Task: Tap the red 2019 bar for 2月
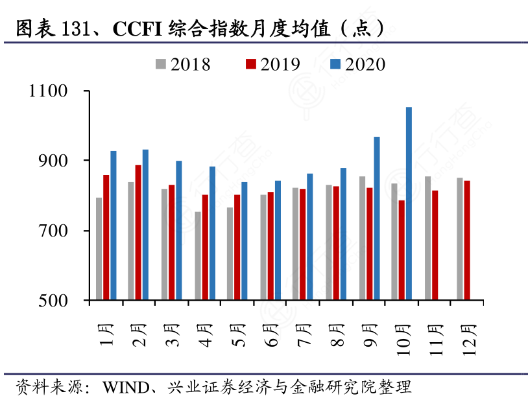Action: point(138,233)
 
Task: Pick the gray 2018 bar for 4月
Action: point(198,256)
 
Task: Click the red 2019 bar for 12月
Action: point(467,240)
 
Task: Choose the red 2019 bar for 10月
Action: point(402,250)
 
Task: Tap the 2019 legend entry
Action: point(272,64)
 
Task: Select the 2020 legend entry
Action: point(357,64)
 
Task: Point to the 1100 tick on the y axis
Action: point(49,91)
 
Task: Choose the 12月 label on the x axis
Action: point(470,338)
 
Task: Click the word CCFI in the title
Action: point(138,29)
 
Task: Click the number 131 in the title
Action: point(74,29)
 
